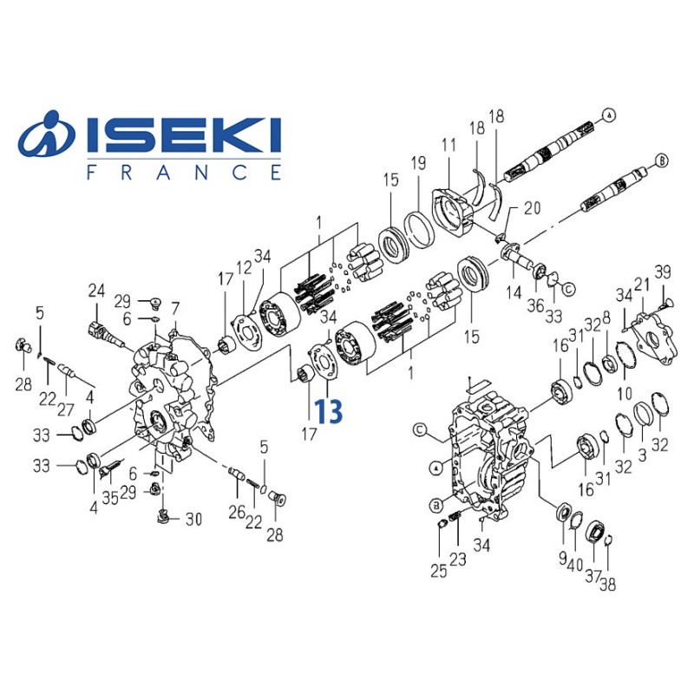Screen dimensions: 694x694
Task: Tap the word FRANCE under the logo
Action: pos(184,172)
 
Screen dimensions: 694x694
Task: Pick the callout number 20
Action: pos(532,208)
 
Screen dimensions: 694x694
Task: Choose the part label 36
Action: pos(536,304)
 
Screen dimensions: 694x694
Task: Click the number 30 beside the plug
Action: pos(193,520)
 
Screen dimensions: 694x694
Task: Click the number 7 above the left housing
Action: pos(175,308)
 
